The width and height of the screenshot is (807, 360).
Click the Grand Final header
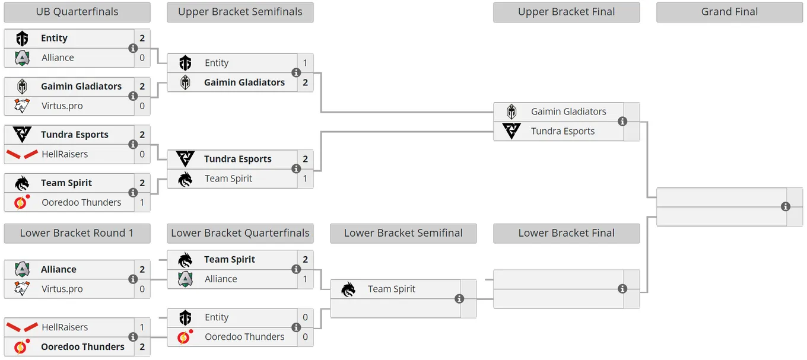(729, 12)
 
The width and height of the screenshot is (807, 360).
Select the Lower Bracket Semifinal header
(403, 233)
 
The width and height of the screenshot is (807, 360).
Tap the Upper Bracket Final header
(566, 12)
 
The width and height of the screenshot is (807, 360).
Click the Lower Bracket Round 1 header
(77, 233)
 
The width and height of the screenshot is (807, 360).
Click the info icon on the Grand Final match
(786, 206)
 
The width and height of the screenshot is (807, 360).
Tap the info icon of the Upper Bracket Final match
(622, 122)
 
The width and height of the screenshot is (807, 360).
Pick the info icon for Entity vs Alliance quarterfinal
(133, 48)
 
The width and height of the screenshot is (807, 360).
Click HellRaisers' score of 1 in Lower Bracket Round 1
(142, 327)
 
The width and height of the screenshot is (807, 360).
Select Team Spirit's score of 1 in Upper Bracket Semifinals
(305, 179)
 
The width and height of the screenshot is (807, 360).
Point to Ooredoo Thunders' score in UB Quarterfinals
(142, 202)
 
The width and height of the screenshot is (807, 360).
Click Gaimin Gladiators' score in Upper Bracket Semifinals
(305, 82)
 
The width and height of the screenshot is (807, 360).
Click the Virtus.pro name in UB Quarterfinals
(62, 106)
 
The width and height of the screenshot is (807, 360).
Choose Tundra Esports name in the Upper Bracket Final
(563, 131)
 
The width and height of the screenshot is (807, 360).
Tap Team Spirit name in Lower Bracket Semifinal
(392, 289)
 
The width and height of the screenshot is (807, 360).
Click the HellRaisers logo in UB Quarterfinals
(22, 154)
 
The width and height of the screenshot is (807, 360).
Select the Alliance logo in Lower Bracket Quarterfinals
(185, 279)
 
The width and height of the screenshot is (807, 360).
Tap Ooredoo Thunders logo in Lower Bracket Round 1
(21, 346)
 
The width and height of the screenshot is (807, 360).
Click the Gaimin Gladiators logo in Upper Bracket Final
(511, 111)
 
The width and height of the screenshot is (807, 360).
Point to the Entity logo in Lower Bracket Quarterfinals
(185, 317)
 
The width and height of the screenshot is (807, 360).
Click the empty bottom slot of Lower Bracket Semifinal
(395, 308)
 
